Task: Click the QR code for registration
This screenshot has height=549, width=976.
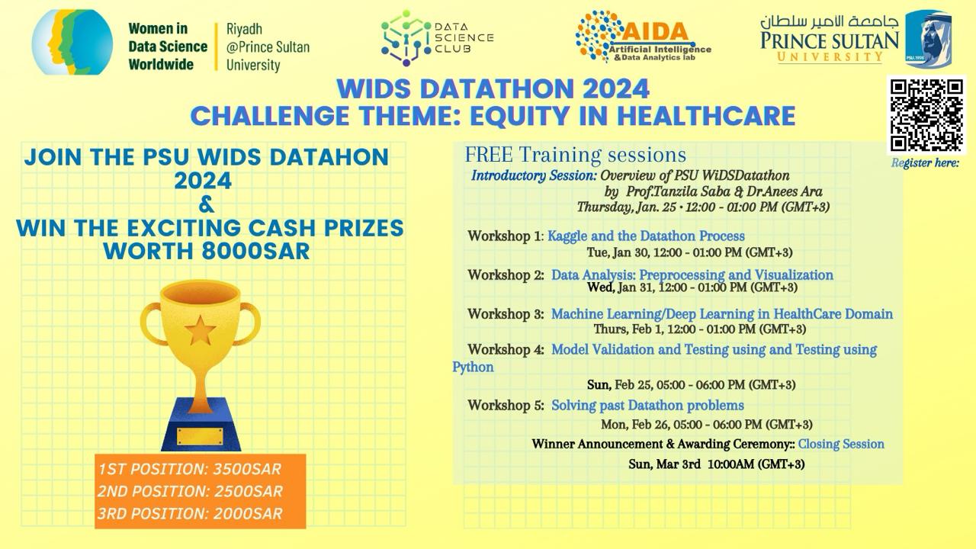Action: click(926, 115)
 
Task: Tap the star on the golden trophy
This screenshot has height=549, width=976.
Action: click(200, 331)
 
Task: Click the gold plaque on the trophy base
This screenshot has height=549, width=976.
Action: click(200, 437)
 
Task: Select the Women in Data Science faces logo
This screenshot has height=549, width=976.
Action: click(72, 42)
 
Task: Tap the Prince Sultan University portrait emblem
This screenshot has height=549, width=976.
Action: click(928, 39)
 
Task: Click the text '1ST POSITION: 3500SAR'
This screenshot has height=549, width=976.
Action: click(190, 469)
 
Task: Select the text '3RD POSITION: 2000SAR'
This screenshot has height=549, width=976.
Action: click(190, 513)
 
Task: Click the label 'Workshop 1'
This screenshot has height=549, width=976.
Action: click(504, 236)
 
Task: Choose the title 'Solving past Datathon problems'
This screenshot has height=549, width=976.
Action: click(647, 406)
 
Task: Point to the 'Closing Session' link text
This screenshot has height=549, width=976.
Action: click(841, 444)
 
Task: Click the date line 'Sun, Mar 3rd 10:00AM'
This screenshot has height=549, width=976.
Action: click(716, 464)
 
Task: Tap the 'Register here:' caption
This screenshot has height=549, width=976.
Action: click(925, 163)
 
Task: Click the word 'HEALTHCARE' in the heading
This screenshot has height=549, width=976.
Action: click(706, 116)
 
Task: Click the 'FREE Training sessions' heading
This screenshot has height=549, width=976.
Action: click(575, 155)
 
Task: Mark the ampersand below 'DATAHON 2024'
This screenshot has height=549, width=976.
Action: click(206, 204)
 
